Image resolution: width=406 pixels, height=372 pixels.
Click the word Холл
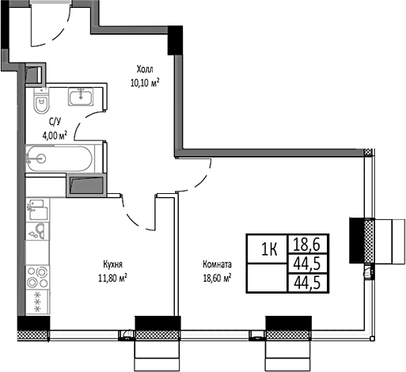point(145,69)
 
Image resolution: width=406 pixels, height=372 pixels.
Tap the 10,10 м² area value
point(145,81)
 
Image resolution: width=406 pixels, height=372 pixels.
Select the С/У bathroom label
point(55,121)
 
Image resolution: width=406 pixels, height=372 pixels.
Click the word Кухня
point(112,265)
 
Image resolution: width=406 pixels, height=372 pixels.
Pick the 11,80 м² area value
point(112,277)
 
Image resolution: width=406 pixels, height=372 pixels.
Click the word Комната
point(216,265)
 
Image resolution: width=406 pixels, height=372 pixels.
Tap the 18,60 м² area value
point(216,277)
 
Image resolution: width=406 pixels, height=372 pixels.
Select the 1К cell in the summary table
point(269,250)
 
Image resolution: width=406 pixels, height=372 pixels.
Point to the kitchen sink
point(36,211)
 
